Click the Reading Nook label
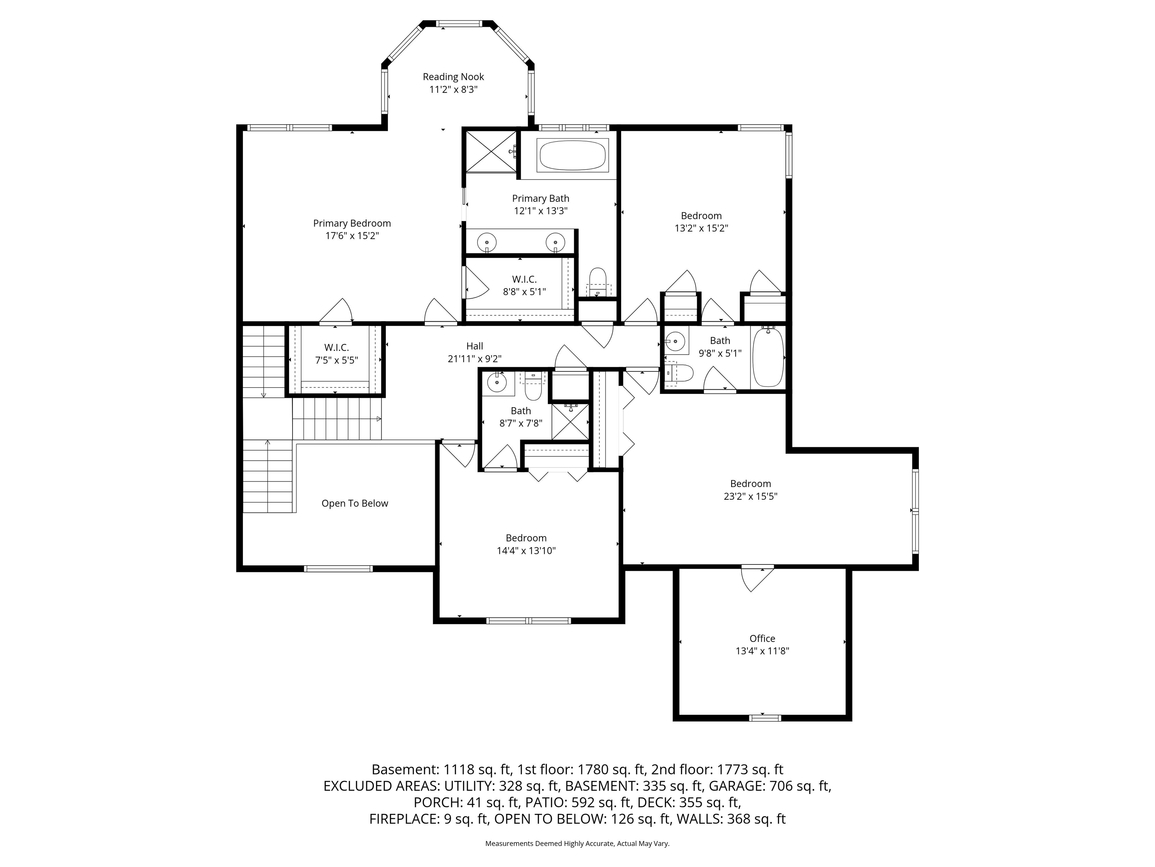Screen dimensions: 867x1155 [x=453, y=77]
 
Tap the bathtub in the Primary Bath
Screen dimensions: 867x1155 [x=572, y=155]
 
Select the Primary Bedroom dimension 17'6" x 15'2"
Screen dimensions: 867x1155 [x=352, y=236]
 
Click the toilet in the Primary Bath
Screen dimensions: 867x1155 [x=597, y=281]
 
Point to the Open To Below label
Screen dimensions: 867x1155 [x=355, y=503]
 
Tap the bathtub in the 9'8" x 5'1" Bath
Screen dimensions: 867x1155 [x=768, y=357]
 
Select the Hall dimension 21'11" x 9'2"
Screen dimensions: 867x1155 [x=474, y=359]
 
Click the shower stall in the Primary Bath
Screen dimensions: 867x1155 [x=490, y=151]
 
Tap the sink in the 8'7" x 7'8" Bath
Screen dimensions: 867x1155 [x=497, y=382]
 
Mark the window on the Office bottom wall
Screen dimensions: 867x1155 [x=765, y=718]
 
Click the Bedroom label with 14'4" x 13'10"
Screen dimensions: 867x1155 [x=526, y=538]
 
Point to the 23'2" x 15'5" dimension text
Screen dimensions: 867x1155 [x=750, y=496]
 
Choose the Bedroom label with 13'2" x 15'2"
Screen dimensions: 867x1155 [x=701, y=216]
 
